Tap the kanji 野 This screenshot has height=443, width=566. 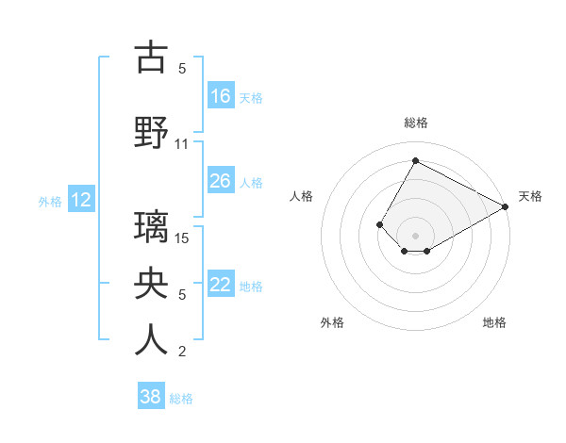(151, 132)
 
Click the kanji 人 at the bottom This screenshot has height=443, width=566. (151, 340)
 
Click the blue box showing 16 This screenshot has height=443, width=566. (221, 96)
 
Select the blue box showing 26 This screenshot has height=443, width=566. (221, 181)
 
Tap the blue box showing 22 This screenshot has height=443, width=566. (221, 285)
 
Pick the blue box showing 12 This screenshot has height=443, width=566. (81, 200)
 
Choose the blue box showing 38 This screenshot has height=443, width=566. (151, 397)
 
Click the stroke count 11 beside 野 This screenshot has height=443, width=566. (182, 144)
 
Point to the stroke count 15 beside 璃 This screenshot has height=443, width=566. (183, 238)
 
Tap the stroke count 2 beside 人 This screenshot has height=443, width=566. (182, 352)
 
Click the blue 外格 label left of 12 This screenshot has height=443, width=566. (49, 201)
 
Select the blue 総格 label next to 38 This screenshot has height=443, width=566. (181, 398)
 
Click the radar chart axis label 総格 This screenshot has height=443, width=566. (415, 123)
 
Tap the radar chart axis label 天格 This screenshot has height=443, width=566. (530, 196)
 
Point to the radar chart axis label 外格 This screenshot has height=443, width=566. (332, 322)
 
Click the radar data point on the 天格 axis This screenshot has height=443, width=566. (506, 206)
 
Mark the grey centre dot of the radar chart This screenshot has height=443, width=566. (415, 235)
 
